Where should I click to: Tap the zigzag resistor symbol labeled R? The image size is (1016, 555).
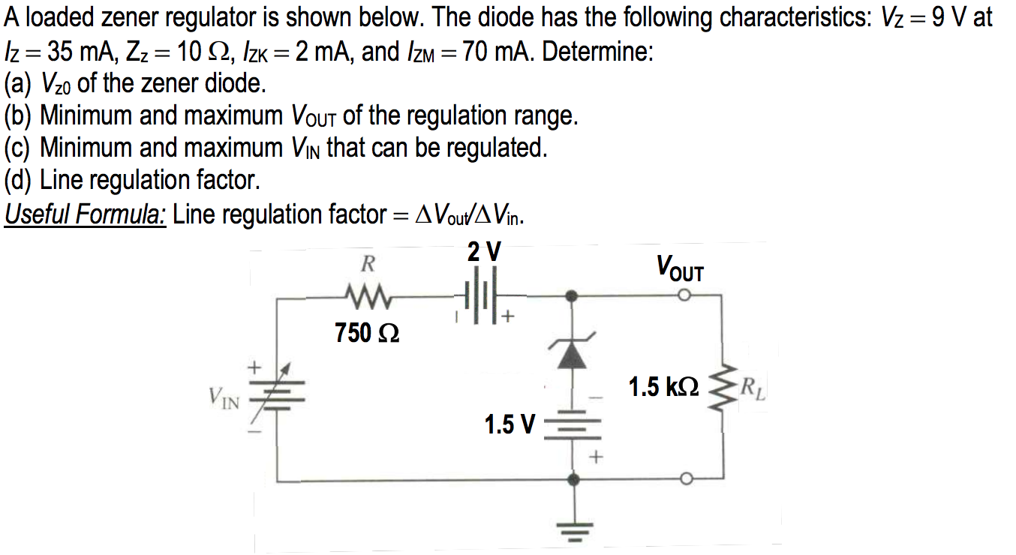[x=368, y=297]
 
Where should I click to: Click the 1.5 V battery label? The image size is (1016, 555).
[x=510, y=425]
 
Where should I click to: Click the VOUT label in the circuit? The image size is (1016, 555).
[x=680, y=268]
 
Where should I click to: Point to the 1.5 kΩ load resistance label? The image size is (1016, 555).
[x=663, y=387]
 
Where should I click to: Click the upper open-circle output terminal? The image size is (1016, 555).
[x=684, y=296]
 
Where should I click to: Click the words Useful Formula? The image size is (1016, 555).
[x=85, y=215]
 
